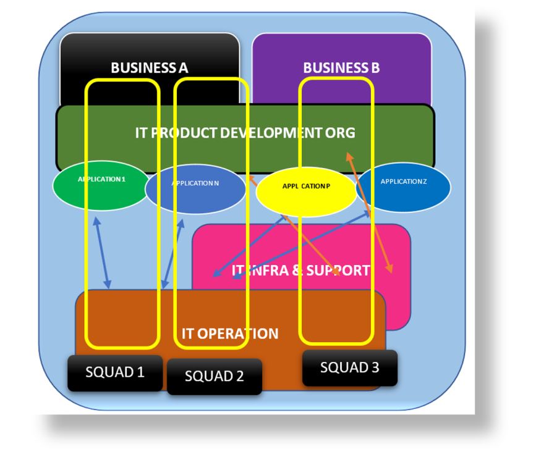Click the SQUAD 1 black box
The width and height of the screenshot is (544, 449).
coord(115,372)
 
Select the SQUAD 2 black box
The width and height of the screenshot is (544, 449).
coord(215,376)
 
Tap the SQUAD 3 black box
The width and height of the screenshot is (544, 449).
coord(349,367)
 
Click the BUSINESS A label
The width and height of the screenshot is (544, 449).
coord(150,68)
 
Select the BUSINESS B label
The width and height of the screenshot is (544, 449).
coord(341,68)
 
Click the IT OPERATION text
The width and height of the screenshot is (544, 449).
coord(230,334)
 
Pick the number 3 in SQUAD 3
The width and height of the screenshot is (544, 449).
coord(375,367)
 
